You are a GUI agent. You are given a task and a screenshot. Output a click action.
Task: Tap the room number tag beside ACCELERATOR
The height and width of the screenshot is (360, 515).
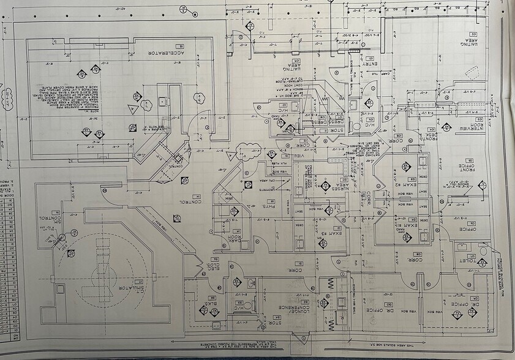tap(181, 47)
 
